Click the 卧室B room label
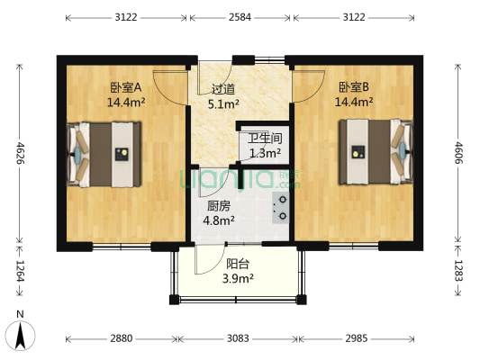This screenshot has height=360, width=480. pos(354,88)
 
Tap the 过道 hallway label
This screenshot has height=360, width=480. pos(222,89)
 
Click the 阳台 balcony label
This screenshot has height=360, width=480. pos(238,264)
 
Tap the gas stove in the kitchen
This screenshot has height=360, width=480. pos(280,208)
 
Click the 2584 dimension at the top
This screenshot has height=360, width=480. pos(239,17)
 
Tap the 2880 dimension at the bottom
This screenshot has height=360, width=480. pos(122,338)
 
